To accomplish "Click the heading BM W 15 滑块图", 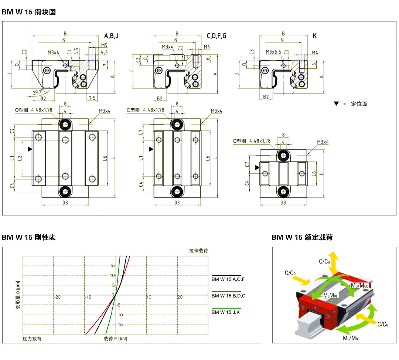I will pyautogui.click(x=29, y=12).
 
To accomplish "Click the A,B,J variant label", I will pyautogui.click(x=111, y=36).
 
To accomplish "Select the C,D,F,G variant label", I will pyautogui.click(x=216, y=36).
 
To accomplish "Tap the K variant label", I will pyautogui.click(x=315, y=36).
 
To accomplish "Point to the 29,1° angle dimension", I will pyautogui.click(x=37, y=92).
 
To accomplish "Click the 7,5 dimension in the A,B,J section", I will pyautogui.click(x=92, y=98).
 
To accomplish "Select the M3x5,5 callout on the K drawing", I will pyautogui.click(x=273, y=52).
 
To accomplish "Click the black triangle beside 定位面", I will pyautogui.click(x=336, y=104).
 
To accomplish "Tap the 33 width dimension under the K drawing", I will pyautogui.click(x=283, y=203).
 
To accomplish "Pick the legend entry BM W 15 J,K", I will pyautogui.click(x=226, y=312).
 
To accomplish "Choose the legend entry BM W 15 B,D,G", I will pyautogui.click(x=228, y=296).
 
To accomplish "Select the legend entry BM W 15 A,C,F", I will pyautogui.click(x=228, y=279).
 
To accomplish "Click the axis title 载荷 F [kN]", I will pyautogui.click(x=115, y=338).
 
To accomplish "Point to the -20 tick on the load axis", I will pyautogui.click(x=57, y=297).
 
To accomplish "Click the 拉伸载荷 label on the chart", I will pyautogui.click(x=198, y=251).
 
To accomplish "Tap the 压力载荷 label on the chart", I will pyautogui.click(x=32, y=338).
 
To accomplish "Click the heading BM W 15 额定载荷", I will pyautogui.click(x=302, y=237).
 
